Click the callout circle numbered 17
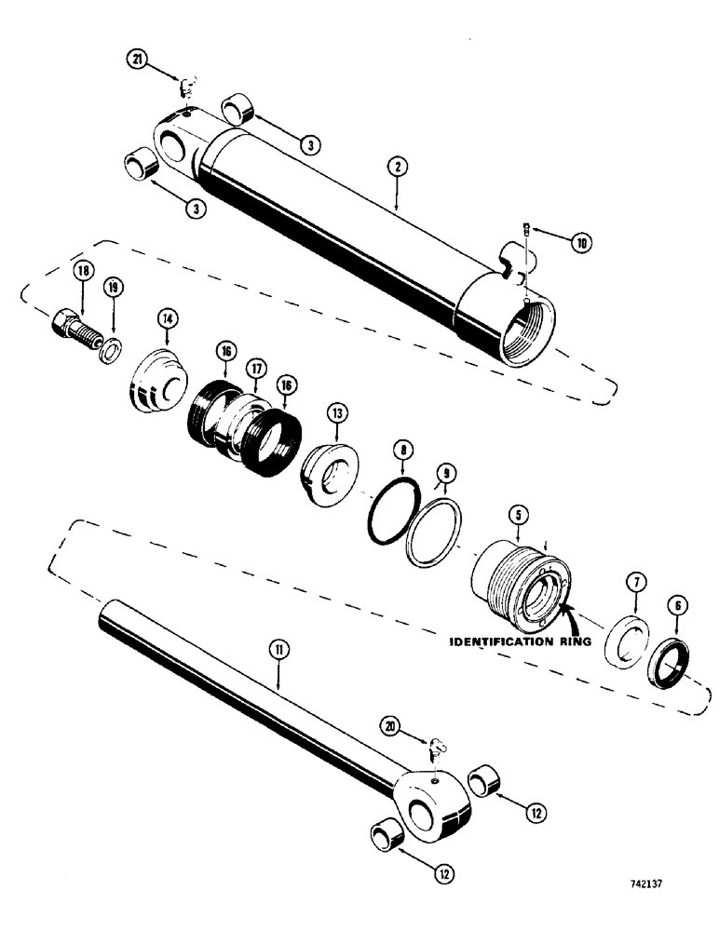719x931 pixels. point(256,371)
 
